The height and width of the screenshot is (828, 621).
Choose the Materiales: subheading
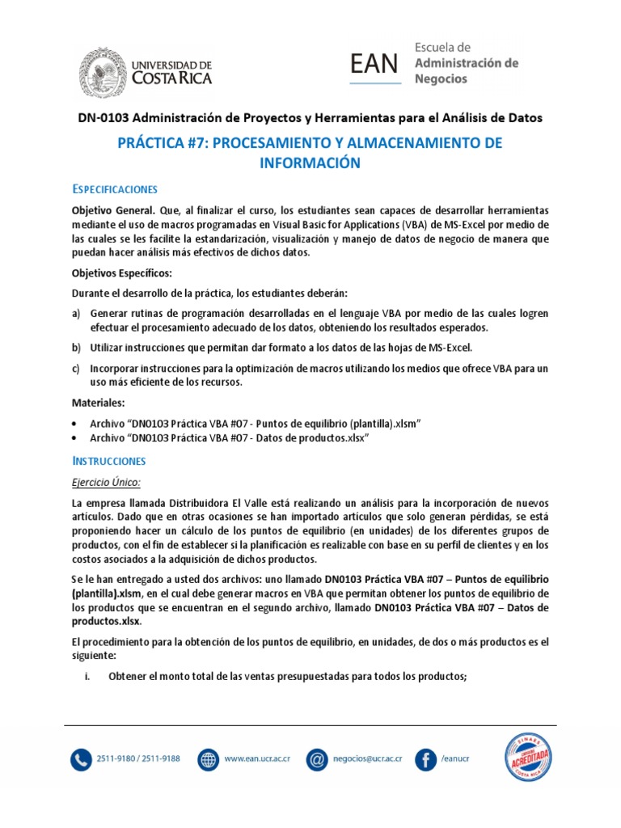point(99,403)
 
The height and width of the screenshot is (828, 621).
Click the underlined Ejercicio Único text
point(107,483)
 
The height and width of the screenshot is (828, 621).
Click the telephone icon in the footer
point(82,760)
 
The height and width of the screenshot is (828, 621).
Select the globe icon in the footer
point(209,760)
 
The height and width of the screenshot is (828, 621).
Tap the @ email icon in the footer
point(318,760)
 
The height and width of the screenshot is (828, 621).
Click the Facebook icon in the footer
point(425,760)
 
